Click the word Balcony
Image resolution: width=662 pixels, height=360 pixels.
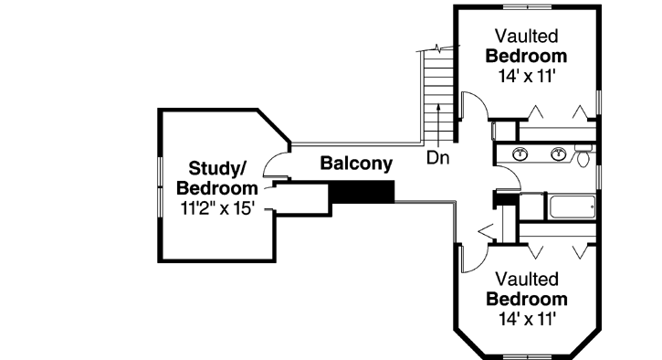356,164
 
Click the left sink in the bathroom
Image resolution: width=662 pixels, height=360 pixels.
521,154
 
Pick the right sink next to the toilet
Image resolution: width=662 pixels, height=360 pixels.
558,154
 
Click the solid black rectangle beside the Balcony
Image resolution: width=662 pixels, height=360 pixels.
362,191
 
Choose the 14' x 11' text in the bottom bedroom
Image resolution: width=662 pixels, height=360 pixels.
527,319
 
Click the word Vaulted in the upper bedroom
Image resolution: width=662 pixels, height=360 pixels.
527,36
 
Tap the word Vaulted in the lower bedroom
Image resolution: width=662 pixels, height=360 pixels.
527,280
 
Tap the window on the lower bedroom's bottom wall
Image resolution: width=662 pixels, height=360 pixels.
528,355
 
